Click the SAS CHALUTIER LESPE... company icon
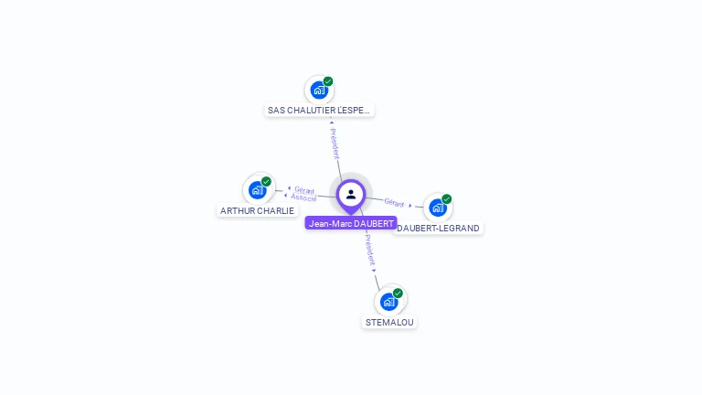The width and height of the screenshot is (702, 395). tap(319, 90)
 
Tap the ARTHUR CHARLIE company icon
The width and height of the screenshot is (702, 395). tap(257, 190)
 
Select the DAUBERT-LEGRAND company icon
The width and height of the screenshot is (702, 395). tap(438, 208)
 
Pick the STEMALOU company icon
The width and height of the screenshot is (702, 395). tap(388, 301)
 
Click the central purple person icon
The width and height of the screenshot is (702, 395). tap(351, 194)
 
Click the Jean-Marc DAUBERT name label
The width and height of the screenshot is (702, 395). tap(351, 223)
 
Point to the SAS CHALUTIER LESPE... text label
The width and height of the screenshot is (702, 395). tap(319, 111)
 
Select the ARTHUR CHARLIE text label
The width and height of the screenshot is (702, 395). tap(257, 210)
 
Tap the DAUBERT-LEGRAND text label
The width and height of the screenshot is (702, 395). tap(439, 229)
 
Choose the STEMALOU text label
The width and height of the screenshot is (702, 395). tap(389, 322)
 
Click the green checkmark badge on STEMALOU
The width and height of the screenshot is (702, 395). tap(398, 294)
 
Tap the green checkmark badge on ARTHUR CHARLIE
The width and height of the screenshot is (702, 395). tap(266, 182)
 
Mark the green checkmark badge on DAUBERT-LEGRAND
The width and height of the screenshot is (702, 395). tap(447, 199)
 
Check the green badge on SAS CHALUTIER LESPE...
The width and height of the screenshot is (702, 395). tap(328, 81)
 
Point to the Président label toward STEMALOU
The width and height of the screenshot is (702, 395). tap(368, 250)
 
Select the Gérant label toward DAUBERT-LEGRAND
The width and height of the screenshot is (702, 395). tap(395, 202)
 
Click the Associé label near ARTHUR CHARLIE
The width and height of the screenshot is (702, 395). tap(303, 197)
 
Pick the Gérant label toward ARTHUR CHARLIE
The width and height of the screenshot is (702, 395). tap(304, 190)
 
